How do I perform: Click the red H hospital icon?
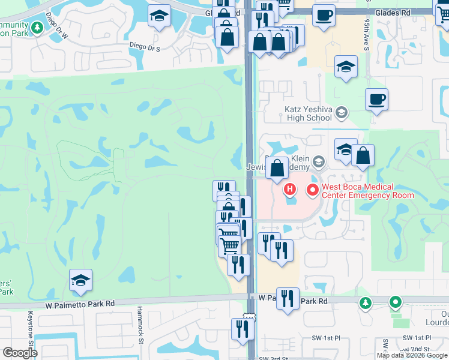291,191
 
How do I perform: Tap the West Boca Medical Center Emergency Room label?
367,191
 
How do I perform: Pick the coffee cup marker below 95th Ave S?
376,100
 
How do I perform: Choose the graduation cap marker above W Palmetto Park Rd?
80,281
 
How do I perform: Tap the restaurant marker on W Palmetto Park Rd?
288,298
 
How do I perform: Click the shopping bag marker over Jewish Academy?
277,169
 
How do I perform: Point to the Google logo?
20,353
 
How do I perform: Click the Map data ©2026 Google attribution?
412,355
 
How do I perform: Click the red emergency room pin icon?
312,191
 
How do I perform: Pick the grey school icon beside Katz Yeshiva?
342,112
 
